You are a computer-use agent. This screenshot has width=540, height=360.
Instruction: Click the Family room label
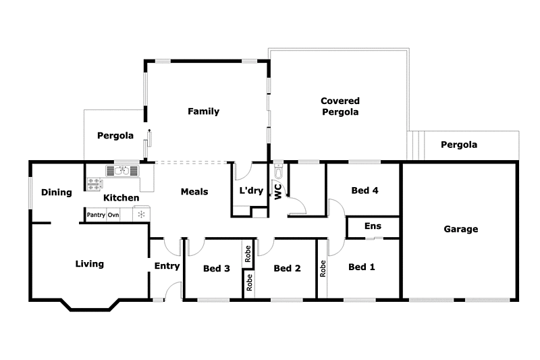(x=203, y=111)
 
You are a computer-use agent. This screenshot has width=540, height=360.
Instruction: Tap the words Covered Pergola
(x=340, y=107)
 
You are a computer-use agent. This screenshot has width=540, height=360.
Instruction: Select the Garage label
(x=460, y=229)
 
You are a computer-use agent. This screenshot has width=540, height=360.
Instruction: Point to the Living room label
(x=89, y=264)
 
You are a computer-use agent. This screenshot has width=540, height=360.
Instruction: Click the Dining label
(x=56, y=192)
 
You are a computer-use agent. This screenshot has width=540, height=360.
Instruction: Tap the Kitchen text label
(x=121, y=198)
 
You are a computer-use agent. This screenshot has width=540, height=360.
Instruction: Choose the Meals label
(x=194, y=192)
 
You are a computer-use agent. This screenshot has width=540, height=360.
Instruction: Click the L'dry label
(x=251, y=191)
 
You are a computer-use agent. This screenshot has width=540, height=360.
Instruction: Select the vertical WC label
(x=277, y=190)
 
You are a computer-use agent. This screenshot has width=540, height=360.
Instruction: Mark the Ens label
(x=373, y=226)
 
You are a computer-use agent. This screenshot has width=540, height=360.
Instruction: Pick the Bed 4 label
(x=364, y=190)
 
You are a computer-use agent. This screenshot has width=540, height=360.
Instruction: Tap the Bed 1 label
(x=361, y=267)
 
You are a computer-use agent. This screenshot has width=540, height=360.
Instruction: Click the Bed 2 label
(x=287, y=268)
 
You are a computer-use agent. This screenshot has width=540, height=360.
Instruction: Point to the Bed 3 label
(x=217, y=268)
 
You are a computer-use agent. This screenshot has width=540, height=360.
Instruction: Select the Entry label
(x=167, y=266)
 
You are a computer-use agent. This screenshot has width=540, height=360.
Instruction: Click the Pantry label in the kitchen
(x=96, y=215)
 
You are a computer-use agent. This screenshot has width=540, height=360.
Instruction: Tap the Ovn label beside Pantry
(x=113, y=215)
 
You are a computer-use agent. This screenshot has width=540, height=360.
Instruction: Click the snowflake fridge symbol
(x=141, y=215)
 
